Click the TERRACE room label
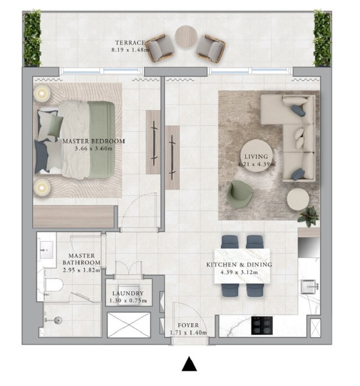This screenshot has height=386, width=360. point(130,43)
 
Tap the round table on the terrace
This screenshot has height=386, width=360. point(186,37)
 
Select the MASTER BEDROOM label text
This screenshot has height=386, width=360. point(93,141)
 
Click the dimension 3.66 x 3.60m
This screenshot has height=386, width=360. point(93,149)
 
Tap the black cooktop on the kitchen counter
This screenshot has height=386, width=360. point(262,325)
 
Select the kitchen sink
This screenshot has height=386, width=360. point(309,287)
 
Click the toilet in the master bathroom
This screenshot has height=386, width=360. point(53,285)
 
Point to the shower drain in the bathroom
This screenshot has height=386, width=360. point(58,320)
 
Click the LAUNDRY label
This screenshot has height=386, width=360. point(128,293)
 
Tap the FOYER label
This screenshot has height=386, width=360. point(188,325)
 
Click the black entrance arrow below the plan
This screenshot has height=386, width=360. point(189,364)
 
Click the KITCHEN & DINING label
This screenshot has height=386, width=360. point(239,264)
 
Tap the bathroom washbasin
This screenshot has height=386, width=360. point(46,250)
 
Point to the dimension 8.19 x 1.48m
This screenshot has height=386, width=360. point(130,50)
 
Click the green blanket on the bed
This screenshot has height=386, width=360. point(101,139)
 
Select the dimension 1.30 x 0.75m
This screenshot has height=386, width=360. point(128,301)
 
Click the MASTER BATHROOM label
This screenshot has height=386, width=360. point(81,259)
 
